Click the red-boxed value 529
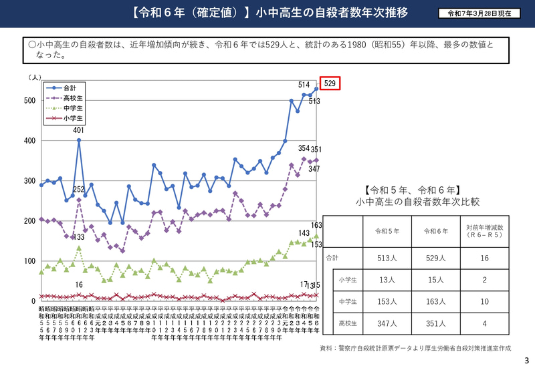coord(330,83)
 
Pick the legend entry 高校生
coord(72,98)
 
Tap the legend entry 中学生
coord(72,108)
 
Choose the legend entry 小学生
coord(72,118)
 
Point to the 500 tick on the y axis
coord(29,101)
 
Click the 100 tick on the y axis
coord(29,261)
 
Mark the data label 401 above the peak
coord(79,130)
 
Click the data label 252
coord(79,190)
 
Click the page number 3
coord(526,361)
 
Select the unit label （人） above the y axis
coord(35,78)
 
